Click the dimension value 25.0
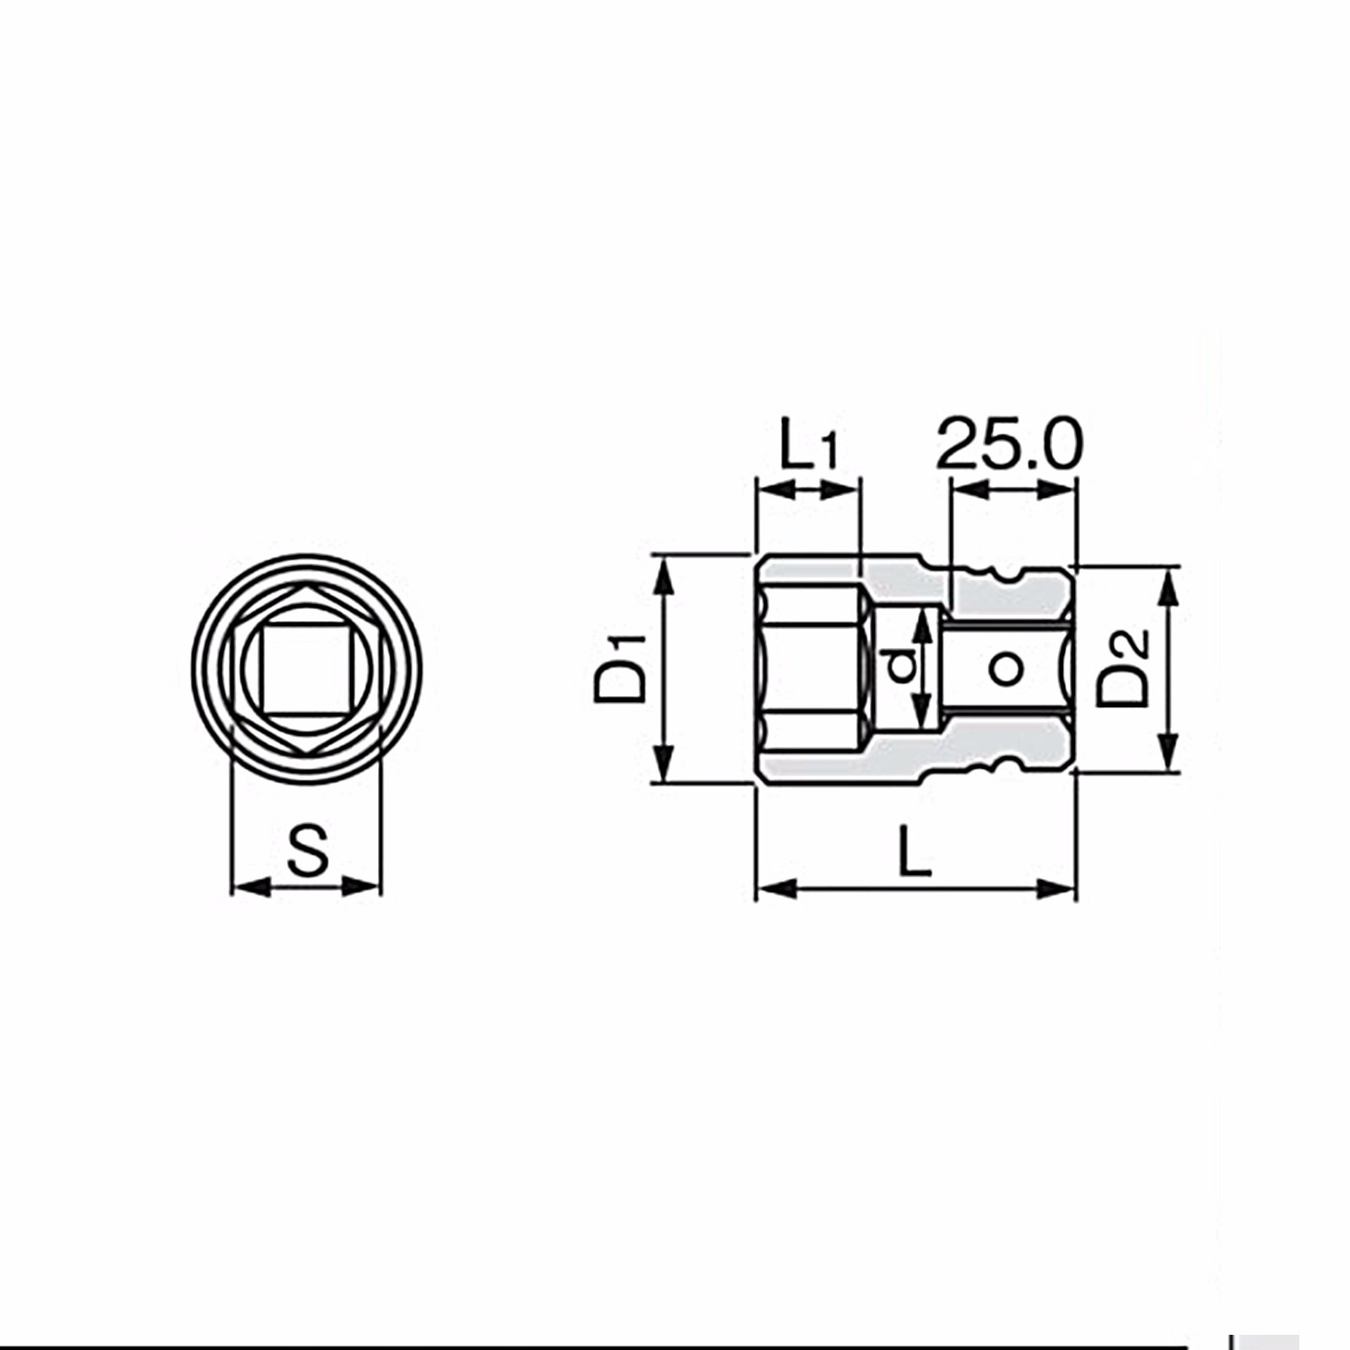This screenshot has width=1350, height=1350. (1009, 442)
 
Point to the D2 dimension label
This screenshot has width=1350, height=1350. (1122, 668)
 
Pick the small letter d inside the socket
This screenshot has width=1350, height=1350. (902, 667)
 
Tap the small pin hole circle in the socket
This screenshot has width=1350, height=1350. (1005, 669)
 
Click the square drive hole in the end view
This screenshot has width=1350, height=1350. (305, 668)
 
